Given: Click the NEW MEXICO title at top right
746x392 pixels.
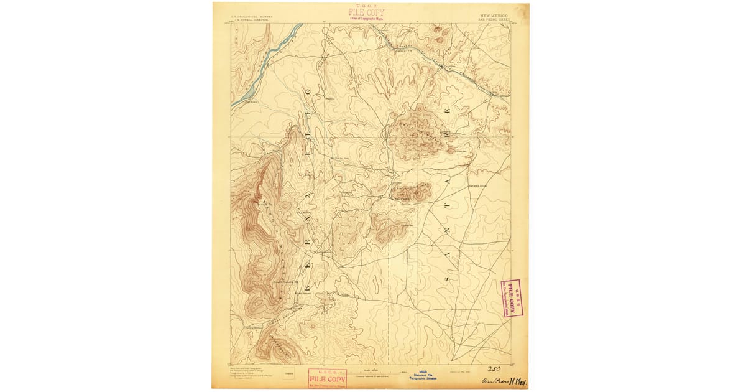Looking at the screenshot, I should point(494,15).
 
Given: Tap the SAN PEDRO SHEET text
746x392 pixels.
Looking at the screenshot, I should point(494,20).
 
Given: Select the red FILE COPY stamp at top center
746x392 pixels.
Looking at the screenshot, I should point(367,13).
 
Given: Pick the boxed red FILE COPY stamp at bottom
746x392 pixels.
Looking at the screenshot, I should point(328,378).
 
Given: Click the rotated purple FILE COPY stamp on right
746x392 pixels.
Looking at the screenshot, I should point(511,297).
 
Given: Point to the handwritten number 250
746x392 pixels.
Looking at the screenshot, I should point(495,368).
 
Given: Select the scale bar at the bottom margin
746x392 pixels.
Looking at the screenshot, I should point(379,373).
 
